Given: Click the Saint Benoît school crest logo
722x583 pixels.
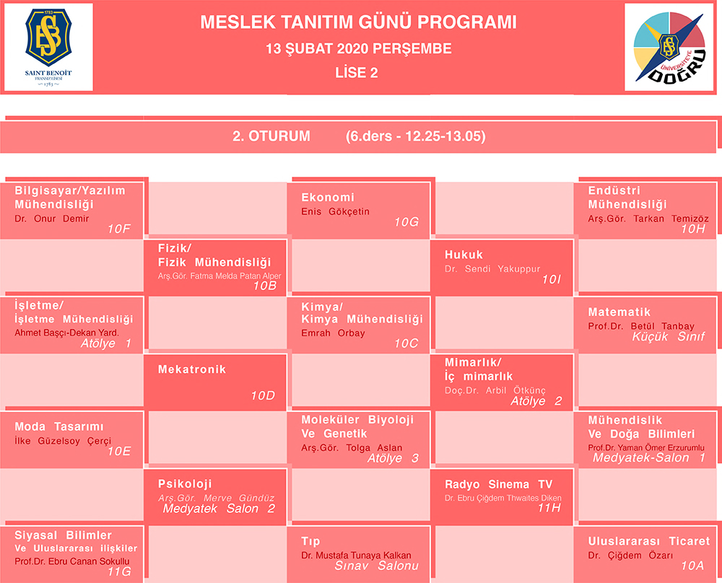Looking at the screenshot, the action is point(48,47).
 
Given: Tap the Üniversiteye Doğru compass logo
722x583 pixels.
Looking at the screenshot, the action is point(669,47).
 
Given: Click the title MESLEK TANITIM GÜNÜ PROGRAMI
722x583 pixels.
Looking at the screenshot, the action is point(358,22).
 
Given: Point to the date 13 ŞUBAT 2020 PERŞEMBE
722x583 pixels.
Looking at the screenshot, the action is point(358,49).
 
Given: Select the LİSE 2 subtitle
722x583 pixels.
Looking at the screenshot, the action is point(357,73).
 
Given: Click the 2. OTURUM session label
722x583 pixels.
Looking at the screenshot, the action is point(271,136).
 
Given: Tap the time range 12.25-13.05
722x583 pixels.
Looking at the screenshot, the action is point(445,136).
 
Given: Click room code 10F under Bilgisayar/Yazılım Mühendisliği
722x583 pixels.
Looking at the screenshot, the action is point(119,229).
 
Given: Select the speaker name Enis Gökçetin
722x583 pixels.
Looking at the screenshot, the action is point(335,211).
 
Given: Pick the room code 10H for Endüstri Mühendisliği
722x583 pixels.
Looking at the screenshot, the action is point(693,229).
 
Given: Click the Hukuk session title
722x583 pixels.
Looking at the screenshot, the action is point(464,255).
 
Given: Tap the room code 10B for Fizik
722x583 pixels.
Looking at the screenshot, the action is point(265,286).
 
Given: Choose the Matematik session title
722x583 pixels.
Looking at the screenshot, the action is point(619,312).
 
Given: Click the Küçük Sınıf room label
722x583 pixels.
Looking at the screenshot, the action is point(668,337).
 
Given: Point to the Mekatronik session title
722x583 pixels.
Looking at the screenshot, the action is point(192,369).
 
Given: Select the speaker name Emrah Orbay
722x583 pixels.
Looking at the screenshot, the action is point(333,333).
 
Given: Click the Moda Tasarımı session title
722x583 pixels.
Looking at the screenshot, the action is point(59,427).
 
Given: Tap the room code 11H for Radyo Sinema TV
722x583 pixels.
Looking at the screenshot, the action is point(549,509).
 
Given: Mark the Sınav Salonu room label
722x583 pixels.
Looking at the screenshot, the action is point(377,566).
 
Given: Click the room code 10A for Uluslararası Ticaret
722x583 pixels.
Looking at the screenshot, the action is point(692,566).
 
